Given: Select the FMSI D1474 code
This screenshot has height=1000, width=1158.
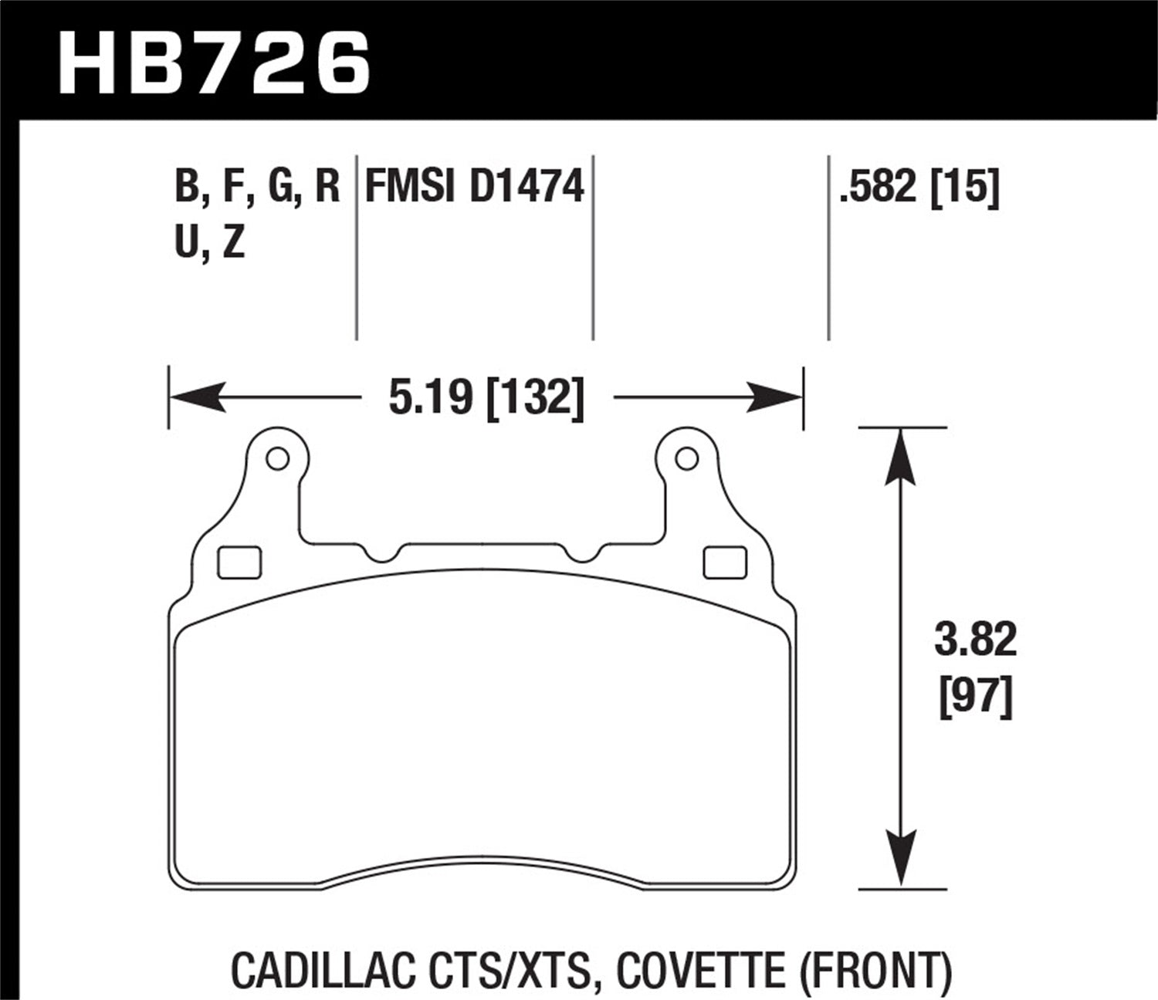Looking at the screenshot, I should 474,187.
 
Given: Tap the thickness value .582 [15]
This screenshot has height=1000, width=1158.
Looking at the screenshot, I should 919,187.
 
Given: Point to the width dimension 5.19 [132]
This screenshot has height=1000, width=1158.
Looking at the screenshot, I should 486,398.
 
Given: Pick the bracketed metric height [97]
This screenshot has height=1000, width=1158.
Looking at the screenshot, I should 976,699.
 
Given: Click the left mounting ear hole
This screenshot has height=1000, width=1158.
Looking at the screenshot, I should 276,459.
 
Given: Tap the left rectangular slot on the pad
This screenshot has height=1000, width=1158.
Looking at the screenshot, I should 240,562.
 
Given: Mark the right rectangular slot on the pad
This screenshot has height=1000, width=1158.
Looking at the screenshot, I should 725,562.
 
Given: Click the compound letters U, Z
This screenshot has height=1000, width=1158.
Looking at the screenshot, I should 210,243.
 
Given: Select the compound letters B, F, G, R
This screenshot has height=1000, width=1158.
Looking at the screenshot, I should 257,187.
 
